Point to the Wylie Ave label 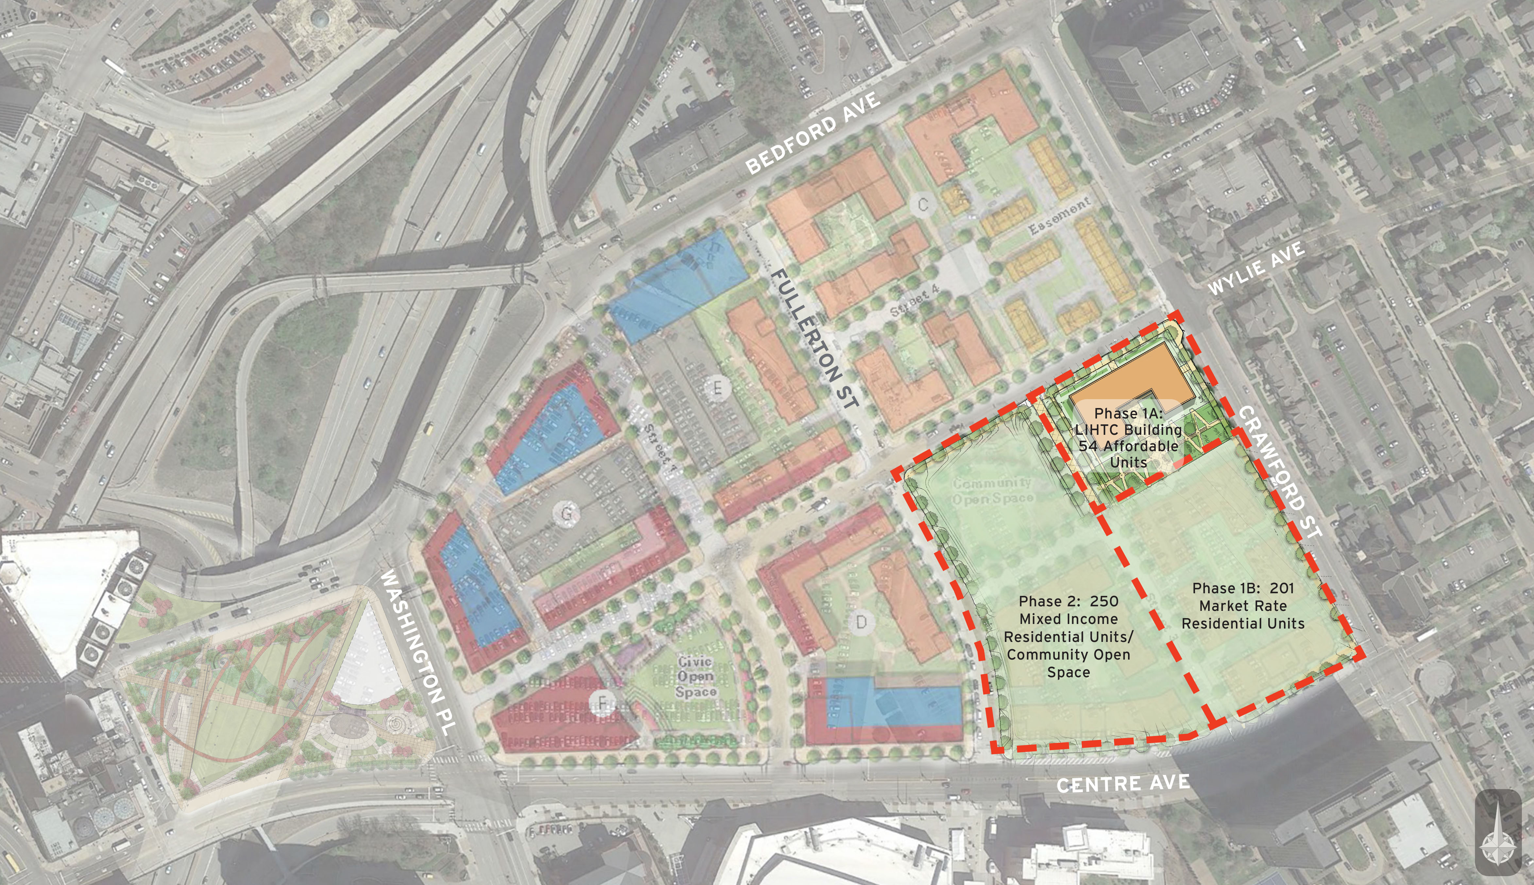pos(1256,268)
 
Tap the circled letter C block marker pos(923,205)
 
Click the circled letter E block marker pos(718,387)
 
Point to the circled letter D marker pos(861,622)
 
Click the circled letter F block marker pos(602,703)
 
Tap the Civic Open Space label pos(696,676)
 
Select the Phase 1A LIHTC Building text pos(1128,438)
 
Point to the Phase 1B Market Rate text pos(1243,605)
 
